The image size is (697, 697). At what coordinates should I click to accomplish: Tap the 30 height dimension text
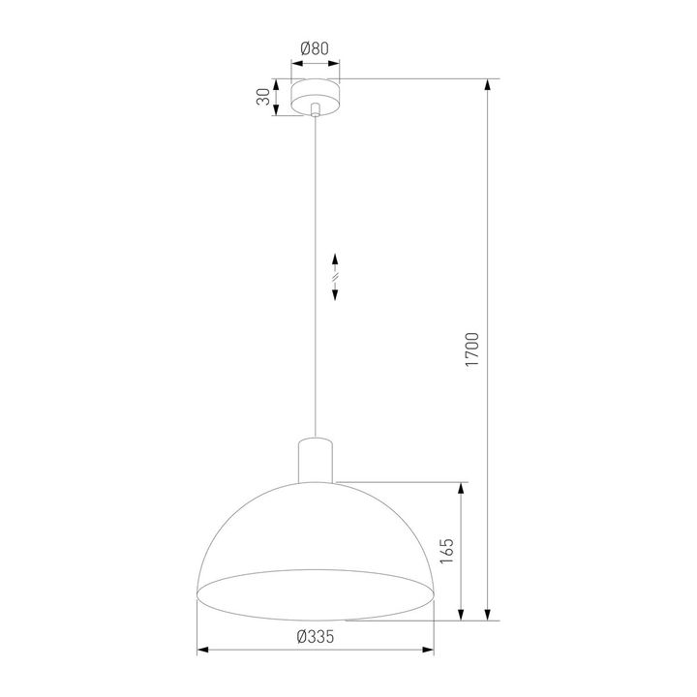[x=261, y=98]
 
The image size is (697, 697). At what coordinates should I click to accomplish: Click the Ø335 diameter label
[x=317, y=636]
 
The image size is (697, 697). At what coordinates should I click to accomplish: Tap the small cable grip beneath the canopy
[x=318, y=116]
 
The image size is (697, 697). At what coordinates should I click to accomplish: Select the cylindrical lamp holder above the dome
[x=317, y=461]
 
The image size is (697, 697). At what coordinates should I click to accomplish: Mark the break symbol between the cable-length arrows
[x=335, y=278]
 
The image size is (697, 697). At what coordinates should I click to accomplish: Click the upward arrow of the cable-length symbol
[x=335, y=260]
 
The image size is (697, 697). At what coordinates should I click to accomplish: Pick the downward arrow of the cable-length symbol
[x=335, y=294]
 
